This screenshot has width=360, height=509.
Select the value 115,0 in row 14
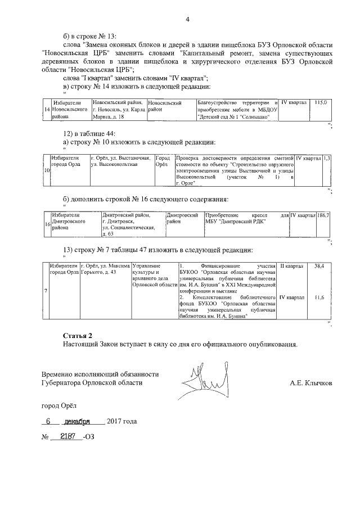[x=321, y=103]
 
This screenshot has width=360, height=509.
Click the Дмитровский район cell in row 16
[x=183, y=219]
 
